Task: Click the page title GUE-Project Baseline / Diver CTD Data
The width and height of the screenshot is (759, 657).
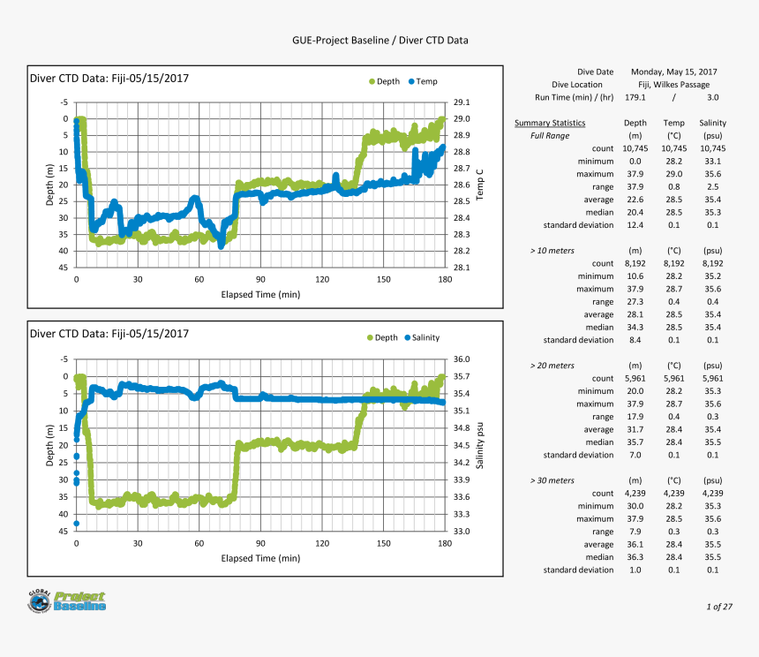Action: [379, 41]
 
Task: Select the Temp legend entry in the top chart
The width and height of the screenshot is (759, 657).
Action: [422, 82]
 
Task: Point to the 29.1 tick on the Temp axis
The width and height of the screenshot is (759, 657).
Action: [461, 102]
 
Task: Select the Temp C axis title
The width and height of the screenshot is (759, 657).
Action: [480, 184]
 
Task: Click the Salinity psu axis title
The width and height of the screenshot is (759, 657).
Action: [480, 445]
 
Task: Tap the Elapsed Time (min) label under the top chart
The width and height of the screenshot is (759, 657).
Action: [260, 295]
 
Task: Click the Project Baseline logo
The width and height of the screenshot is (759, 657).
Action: [67, 601]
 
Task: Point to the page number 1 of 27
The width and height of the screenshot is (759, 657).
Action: [719, 607]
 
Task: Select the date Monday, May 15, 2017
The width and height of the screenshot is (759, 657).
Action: [673, 72]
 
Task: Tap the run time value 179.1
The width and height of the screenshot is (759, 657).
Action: [635, 97]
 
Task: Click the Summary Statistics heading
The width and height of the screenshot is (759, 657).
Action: [550, 124]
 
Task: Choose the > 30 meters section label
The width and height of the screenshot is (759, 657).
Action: [552, 480]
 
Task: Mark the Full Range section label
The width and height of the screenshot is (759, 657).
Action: [550, 136]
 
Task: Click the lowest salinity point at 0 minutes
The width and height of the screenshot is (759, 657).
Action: [77, 524]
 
